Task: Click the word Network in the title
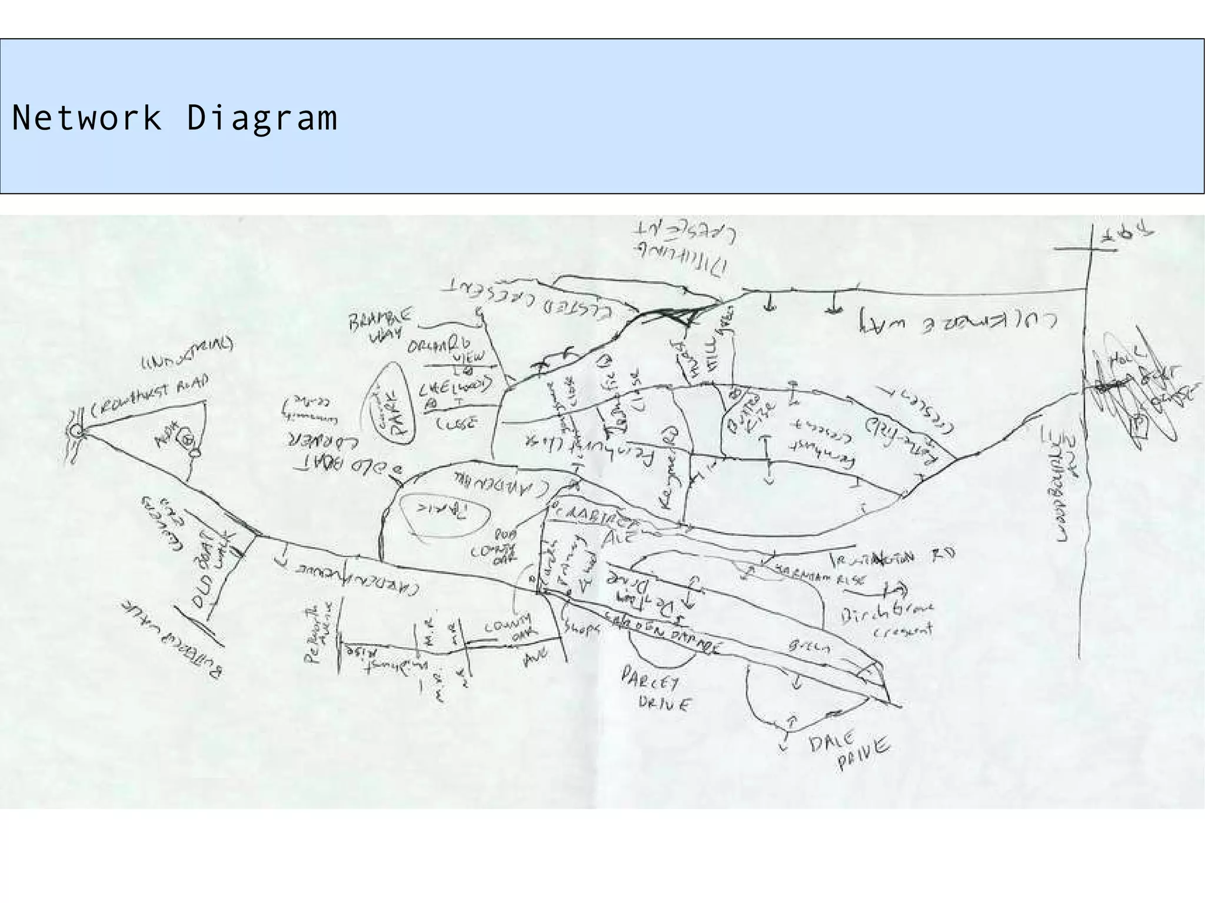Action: click(86, 117)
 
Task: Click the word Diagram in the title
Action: click(262, 118)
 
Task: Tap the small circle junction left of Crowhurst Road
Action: click(76, 432)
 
